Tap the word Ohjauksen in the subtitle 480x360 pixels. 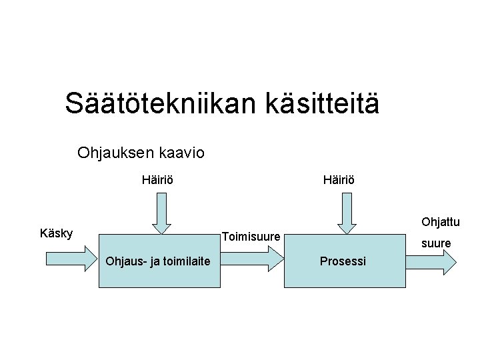coord(115,153)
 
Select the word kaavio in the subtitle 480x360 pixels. coord(181,153)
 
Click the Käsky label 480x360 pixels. coord(57,233)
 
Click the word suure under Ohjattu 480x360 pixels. coord(436,244)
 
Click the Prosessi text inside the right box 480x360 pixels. coord(343,261)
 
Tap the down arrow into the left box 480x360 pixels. coord(161,213)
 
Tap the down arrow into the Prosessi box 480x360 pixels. coord(345,213)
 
